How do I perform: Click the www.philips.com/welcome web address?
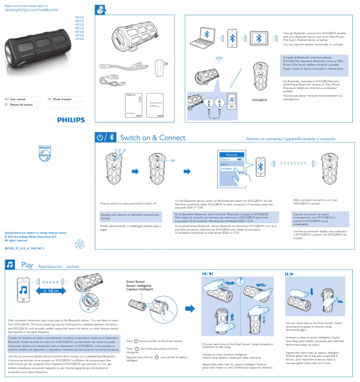click(31, 9)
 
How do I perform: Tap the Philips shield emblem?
click(44, 154)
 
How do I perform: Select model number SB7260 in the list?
click(79, 40)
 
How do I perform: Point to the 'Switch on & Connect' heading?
click(153, 138)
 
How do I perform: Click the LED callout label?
click(172, 160)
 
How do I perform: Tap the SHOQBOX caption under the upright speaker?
click(259, 100)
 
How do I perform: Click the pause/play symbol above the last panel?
click(288, 273)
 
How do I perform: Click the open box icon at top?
click(101, 9)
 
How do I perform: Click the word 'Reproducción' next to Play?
click(50, 267)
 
